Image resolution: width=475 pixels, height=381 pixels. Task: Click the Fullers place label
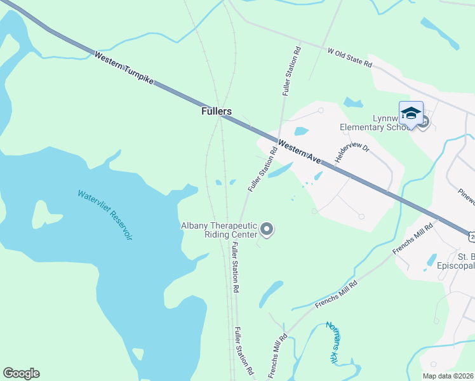216,111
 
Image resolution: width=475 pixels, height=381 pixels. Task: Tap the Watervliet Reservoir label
105,215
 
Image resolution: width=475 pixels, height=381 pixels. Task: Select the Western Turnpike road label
124,70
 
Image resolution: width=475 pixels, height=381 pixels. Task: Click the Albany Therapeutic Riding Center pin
267,229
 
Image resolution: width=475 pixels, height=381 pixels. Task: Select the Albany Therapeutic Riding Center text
218,230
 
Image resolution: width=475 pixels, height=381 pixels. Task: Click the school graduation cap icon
411,113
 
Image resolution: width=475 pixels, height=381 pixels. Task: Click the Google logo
21,373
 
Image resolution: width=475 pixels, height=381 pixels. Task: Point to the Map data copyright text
448,375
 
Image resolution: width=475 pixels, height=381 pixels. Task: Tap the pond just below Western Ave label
280,170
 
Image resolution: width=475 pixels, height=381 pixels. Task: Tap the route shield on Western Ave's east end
472,236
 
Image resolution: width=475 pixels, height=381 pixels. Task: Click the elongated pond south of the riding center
271,293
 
